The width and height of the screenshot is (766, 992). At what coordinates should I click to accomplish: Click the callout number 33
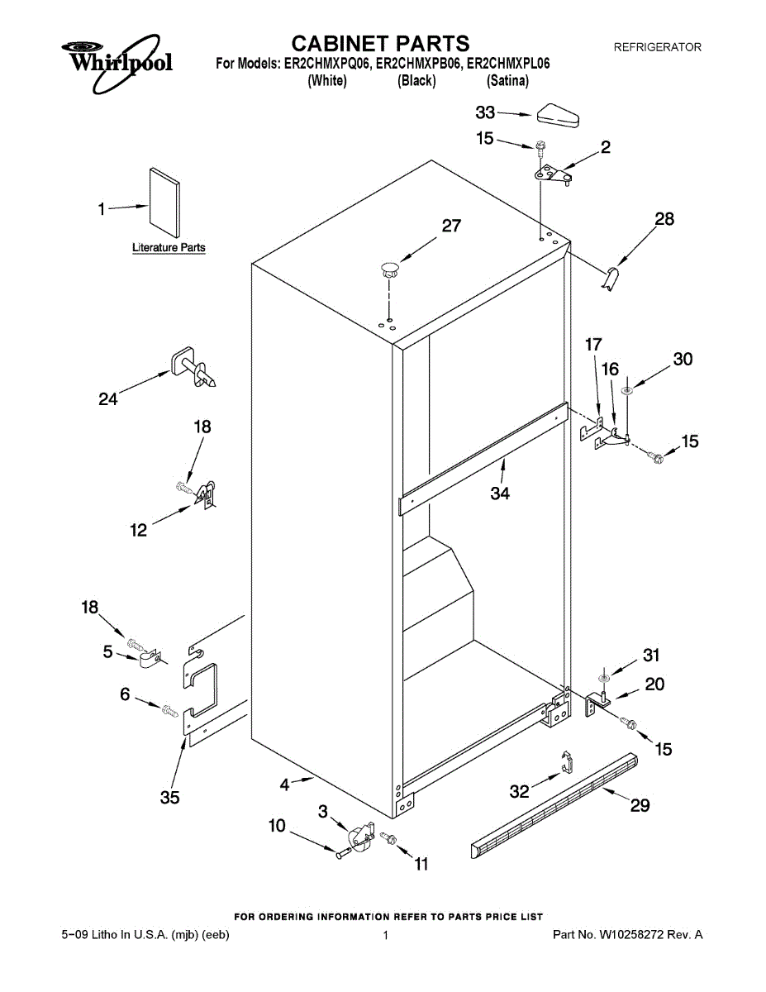click(485, 112)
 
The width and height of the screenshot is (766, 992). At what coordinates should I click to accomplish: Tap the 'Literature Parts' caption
click(169, 247)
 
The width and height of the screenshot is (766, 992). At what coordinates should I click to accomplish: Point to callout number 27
click(451, 226)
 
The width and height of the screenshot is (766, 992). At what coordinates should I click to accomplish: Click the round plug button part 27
click(389, 267)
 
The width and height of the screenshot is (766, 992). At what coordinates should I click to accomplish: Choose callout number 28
click(664, 219)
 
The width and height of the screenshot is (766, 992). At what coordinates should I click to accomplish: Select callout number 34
click(500, 494)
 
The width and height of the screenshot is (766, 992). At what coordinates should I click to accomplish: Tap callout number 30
click(683, 359)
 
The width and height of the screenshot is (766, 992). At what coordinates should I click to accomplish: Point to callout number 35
click(170, 798)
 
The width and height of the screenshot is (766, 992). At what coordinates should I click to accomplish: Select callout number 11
click(421, 865)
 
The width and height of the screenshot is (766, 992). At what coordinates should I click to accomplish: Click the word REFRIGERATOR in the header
click(657, 47)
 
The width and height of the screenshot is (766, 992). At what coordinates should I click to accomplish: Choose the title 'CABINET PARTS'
click(382, 43)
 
